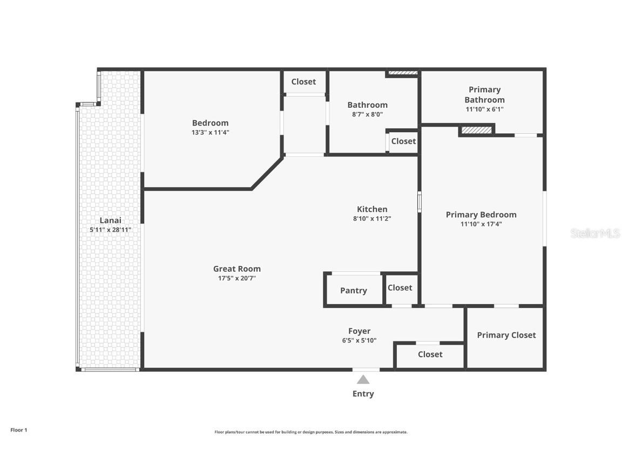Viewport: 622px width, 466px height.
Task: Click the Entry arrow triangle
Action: (x=363, y=380)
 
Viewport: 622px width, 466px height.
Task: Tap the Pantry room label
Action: (x=354, y=291)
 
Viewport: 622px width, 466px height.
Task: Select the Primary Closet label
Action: (x=506, y=335)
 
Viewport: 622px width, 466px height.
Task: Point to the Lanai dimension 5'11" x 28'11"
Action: (x=111, y=230)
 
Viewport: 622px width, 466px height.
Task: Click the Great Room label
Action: (x=237, y=269)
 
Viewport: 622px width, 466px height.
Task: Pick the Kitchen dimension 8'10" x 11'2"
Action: (x=372, y=219)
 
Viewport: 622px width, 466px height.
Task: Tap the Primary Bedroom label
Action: (x=481, y=215)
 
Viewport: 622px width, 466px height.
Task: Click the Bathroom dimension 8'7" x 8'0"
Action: (x=367, y=114)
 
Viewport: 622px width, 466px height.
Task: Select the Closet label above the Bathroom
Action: (x=303, y=81)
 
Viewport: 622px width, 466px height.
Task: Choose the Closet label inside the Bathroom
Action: (x=403, y=141)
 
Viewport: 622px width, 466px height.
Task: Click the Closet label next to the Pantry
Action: (x=400, y=288)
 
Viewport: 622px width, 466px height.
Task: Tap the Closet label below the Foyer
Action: (x=430, y=354)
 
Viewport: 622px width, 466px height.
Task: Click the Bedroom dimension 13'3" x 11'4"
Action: (x=211, y=132)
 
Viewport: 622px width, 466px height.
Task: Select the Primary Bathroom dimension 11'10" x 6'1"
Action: (x=484, y=109)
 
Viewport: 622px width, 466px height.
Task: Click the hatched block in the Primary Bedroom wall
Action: (x=477, y=130)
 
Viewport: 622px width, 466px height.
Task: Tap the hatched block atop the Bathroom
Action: (x=403, y=72)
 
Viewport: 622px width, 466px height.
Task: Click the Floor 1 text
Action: (x=18, y=430)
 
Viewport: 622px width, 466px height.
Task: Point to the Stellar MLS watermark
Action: (x=596, y=234)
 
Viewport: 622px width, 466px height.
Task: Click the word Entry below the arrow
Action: (x=363, y=394)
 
